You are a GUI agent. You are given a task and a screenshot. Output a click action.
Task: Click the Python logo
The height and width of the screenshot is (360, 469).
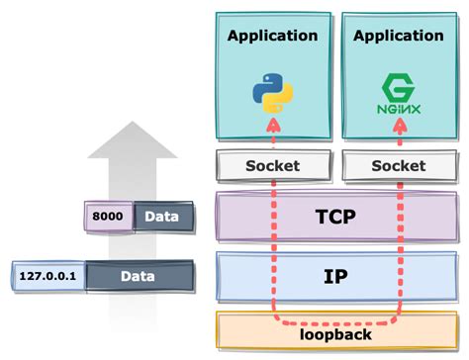(x=272, y=93)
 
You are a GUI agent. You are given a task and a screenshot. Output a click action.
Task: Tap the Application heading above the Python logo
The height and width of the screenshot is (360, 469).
(x=272, y=36)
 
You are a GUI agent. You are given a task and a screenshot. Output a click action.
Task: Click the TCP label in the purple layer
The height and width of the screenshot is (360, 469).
(x=334, y=218)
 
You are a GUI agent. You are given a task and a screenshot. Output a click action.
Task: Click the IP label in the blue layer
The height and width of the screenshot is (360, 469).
(x=334, y=275)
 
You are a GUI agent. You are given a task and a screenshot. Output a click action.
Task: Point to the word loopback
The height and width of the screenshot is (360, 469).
(x=335, y=334)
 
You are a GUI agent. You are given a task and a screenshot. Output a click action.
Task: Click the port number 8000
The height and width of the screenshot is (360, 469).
(x=108, y=216)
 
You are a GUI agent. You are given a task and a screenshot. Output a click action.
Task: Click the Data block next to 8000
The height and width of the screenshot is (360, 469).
(x=161, y=216)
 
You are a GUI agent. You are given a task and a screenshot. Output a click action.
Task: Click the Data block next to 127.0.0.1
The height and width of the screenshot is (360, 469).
(x=138, y=278)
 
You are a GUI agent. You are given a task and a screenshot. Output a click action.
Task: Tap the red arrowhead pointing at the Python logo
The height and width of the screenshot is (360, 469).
(x=272, y=125)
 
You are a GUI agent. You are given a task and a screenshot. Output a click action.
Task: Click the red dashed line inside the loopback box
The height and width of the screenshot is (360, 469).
(x=334, y=322)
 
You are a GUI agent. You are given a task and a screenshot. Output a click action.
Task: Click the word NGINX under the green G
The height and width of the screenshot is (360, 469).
(x=397, y=102)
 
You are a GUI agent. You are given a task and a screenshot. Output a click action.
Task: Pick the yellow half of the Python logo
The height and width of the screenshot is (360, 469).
(x=278, y=99)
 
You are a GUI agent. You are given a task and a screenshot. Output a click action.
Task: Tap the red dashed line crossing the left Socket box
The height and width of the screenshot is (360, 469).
(x=272, y=166)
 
